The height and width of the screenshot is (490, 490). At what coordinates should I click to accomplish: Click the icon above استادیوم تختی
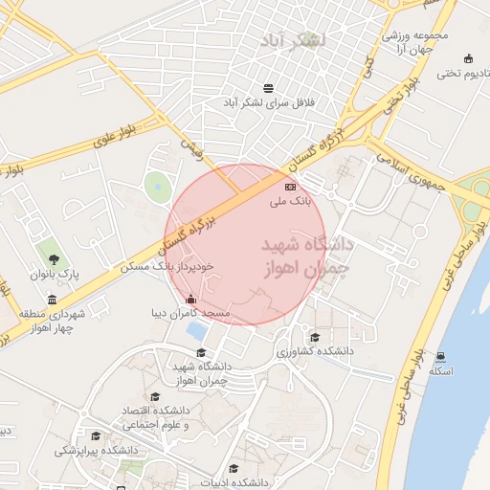click(467, 57)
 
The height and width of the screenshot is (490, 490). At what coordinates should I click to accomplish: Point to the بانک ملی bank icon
click(290, 186)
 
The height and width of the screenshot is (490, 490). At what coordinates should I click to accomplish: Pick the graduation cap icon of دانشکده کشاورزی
click(314, 336)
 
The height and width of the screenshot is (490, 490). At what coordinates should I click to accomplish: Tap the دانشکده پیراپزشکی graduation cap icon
click(95, 435)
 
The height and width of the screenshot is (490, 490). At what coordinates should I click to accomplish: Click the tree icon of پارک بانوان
click(53, 258)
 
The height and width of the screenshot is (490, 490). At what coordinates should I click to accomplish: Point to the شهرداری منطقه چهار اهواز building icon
click(51, 299)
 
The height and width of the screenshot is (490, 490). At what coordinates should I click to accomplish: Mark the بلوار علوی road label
click(115, 133)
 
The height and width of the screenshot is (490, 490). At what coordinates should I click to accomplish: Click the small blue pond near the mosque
click(196, 331)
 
